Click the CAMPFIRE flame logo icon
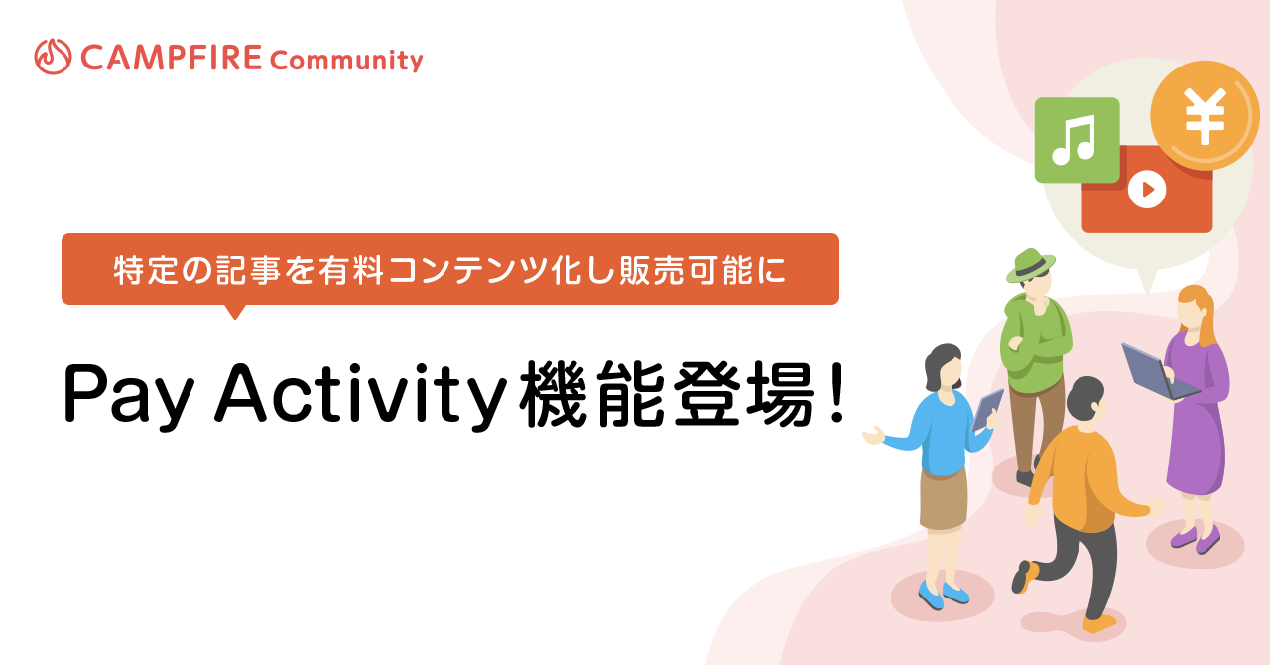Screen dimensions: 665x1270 (53, 57)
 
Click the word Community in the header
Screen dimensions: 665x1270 (346, 61)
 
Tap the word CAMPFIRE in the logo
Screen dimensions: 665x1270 (171, 58)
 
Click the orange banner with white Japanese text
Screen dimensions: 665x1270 (449, 269)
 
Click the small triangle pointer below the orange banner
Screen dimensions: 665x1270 (235, 312)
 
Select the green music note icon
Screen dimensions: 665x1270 (1076, 140)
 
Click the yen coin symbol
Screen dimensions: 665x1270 (1204, 115)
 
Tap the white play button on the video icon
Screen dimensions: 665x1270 (1147, 188)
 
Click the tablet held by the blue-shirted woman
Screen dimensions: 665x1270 (988, 408)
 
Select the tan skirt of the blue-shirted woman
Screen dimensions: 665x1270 (942, 500)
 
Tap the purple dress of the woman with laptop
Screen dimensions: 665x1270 (1195, 437)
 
